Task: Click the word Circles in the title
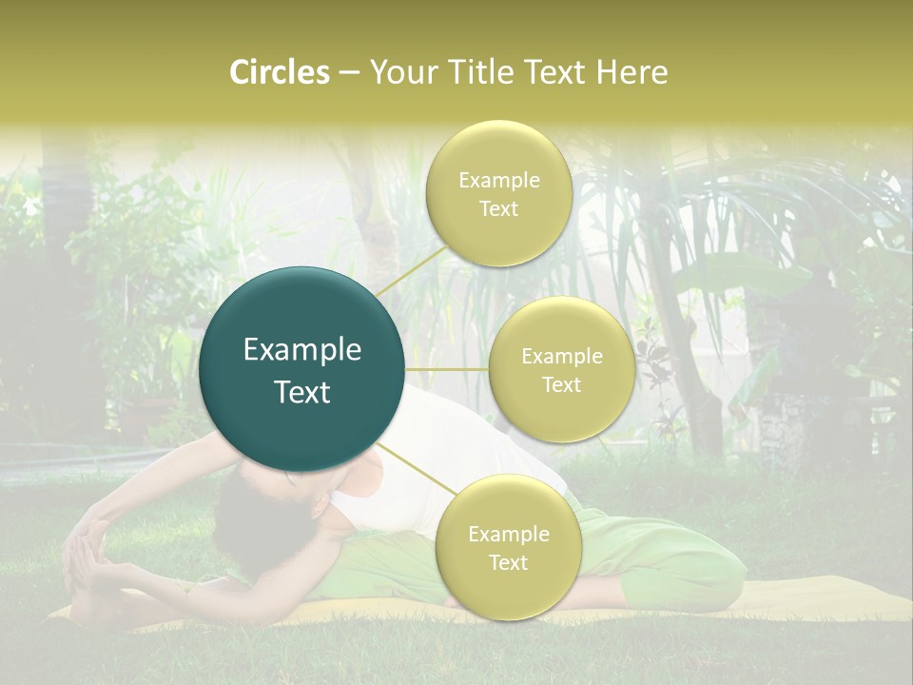click(279, 72)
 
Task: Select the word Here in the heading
click(632, 72)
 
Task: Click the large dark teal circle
click(302, 369)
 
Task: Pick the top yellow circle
click(498, 194)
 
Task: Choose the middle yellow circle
click(561, 369)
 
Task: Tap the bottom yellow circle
click(508, 548)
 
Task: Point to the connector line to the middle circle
click(447, 369)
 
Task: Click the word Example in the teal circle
click(302, 350)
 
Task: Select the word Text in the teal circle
click(302, 392)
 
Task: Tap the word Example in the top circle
click(498, 181)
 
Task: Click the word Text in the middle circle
click(561, 384)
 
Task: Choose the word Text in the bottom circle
click(508, 562)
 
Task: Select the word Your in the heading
click(399, 72)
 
